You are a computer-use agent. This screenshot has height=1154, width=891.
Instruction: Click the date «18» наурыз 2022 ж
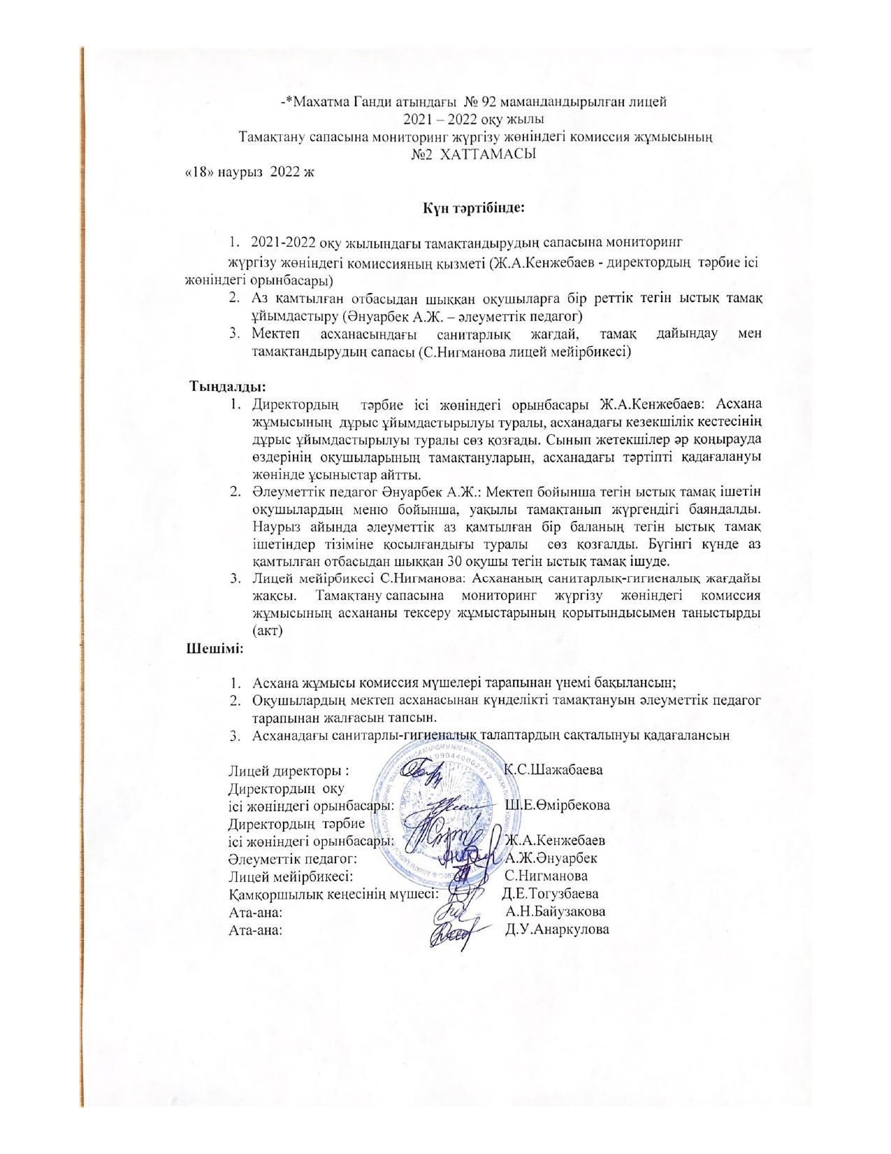(249, 171)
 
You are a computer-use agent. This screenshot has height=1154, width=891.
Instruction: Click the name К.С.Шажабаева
(553, 770)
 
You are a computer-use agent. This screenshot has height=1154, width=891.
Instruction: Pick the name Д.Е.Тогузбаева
(550, 894)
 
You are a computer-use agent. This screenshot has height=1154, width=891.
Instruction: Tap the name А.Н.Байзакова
(556, 911)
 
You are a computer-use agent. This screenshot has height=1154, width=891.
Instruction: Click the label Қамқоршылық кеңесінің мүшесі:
(333, 894)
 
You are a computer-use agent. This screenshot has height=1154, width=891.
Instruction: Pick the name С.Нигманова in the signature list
(546, 876)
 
